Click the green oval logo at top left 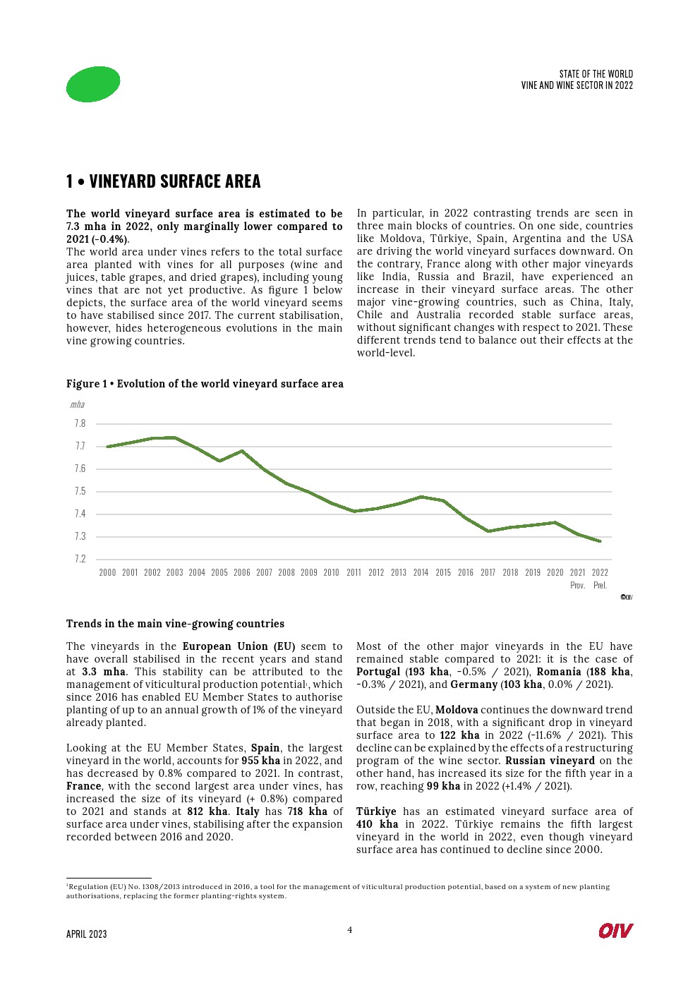click(93, 84)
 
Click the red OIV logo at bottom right click(615, 931)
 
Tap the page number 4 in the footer click(349, 930)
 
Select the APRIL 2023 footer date click(87, 934)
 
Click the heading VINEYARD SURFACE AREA click(174, 181)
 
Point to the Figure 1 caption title click(205, 384)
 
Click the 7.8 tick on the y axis click(80, 423)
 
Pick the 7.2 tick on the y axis click(80, 559)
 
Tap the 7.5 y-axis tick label click(80, 491)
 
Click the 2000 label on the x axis click(107, 572)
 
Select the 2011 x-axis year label click(354, 572)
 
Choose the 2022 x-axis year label click(600, 572)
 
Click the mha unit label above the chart click(77, 404)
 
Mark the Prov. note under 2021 click(577, 586)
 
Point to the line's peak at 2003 click(174, 437)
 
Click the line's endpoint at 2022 click(600, 541)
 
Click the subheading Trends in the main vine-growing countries click(175, 624)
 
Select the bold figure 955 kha click(260, 761)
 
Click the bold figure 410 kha click(377, 824)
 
